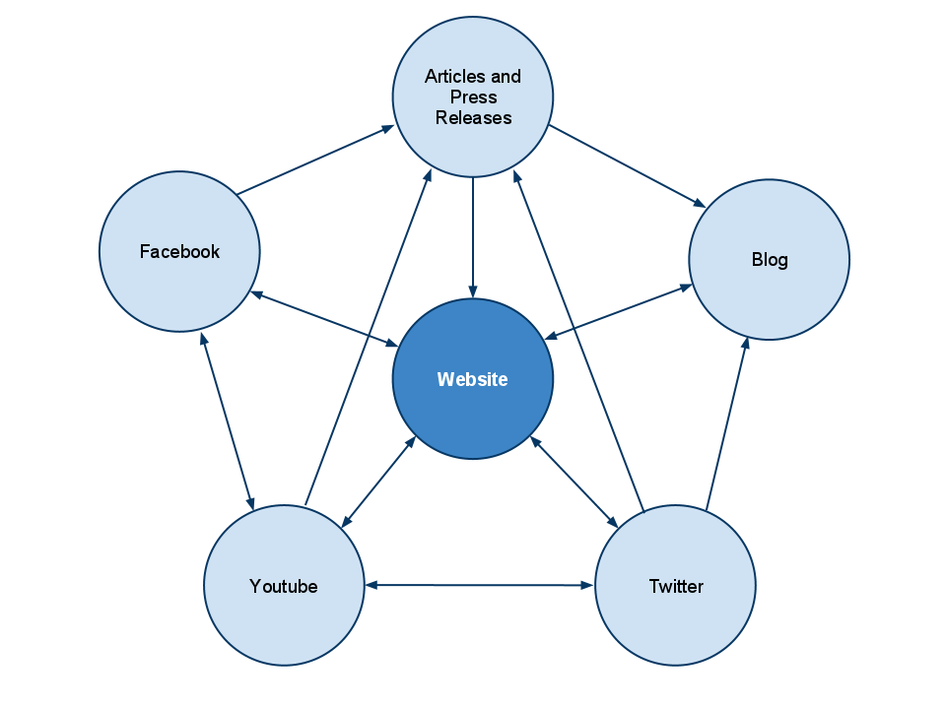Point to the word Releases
[474, 118]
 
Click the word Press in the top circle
[474, 97]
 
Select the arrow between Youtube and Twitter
[480, 586]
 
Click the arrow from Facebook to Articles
[315, 160]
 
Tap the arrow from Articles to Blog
[627, 166]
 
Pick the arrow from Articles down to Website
[473, 236]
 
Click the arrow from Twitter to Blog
[726, 423]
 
